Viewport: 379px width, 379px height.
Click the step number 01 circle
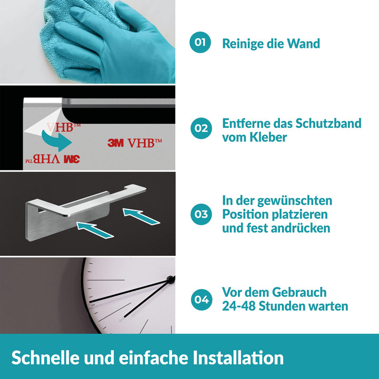[200, 42]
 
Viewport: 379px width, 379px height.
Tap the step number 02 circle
[201, 128]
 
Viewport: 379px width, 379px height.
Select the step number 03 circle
[201, 214]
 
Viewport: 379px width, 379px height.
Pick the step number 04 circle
[202, 300]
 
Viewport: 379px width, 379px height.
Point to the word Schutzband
[328, 123]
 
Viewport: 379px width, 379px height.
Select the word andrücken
[301, 228]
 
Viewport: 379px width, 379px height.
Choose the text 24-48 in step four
[239, 306]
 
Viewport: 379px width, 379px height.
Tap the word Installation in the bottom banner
[238, 358]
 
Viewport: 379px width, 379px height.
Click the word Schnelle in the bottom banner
[45, 358]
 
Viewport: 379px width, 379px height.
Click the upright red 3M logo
[115, 143]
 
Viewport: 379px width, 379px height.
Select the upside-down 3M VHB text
[53, 159]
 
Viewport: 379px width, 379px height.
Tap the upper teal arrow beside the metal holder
[141, 216]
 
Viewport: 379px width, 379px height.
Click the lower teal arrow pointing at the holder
[95, 230]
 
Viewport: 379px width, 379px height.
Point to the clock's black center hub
[171, 280]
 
